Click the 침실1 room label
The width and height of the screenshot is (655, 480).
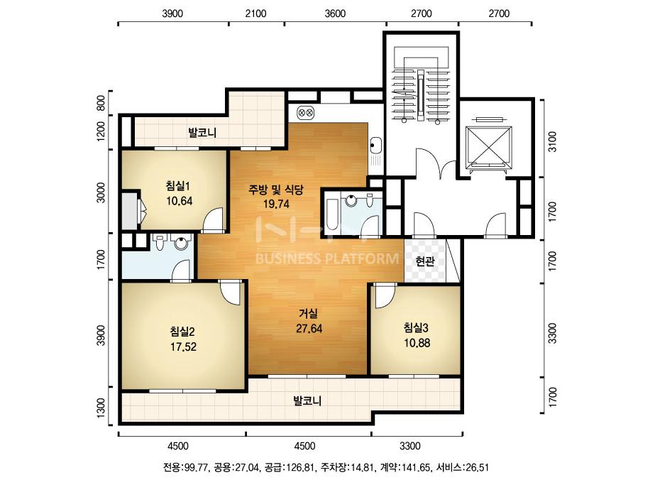(180, 185)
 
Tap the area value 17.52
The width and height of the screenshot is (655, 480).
(183, 347)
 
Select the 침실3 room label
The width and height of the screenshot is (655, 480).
(417, 327)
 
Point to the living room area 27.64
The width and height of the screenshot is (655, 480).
(309, 329)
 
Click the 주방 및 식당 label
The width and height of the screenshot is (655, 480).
(276, 190)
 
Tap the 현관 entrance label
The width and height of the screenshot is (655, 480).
(425, 262)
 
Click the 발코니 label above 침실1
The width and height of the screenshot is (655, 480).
(202, 133)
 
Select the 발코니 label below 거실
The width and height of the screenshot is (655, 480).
(307, 401)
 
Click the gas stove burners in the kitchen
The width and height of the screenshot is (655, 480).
(305, 112)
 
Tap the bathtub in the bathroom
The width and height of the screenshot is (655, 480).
(332, 214)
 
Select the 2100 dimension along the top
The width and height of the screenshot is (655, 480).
(255, 13)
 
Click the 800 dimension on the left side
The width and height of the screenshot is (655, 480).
(101, 103)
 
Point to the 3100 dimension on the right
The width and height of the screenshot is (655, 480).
(552, 142)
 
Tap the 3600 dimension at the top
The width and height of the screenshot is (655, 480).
(335, 13)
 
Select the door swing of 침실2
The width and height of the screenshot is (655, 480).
(231, 293)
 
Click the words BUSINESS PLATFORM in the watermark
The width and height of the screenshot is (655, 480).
(327, 258)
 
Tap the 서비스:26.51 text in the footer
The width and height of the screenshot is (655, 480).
(463, 467)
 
